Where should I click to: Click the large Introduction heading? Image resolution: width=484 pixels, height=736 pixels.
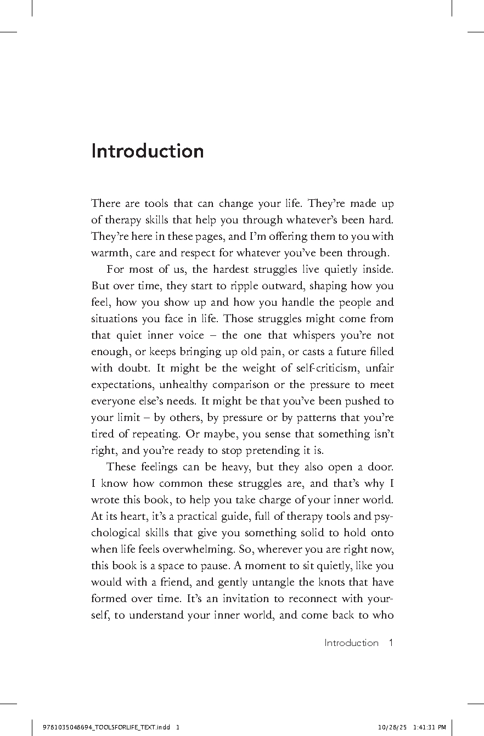point(147,151)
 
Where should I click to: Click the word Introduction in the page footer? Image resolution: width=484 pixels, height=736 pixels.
point(351,643)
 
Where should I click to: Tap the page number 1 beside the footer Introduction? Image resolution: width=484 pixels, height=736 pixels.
point(391,643)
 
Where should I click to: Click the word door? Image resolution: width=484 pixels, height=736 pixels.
point(381,467)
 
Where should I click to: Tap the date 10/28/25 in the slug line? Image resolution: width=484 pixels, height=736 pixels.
point(391,728)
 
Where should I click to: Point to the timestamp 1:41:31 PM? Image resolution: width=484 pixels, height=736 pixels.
point(430,728)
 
